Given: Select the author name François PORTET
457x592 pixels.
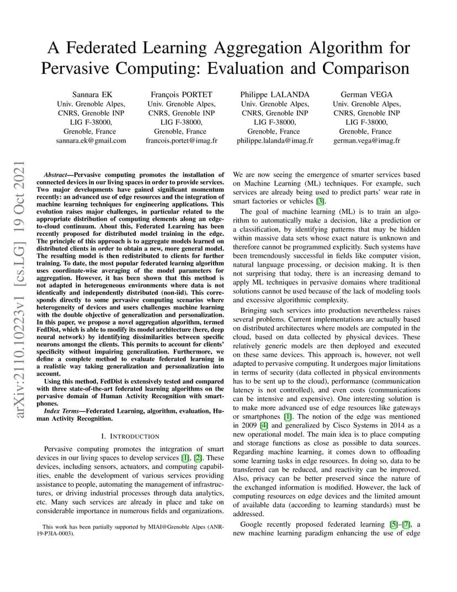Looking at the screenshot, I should pos(182,94).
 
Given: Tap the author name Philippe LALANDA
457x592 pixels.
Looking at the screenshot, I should pos(274,94).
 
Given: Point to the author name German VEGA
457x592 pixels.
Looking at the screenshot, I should pos(366,94).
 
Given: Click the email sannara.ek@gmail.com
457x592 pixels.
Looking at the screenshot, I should pos(91,141).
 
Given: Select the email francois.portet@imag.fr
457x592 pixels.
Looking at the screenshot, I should pos(182,141).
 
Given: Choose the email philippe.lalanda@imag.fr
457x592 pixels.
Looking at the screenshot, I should pos(274,141).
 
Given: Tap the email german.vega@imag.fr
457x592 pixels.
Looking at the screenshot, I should pos(366,141).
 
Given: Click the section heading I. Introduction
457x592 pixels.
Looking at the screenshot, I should pos(130,436).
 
